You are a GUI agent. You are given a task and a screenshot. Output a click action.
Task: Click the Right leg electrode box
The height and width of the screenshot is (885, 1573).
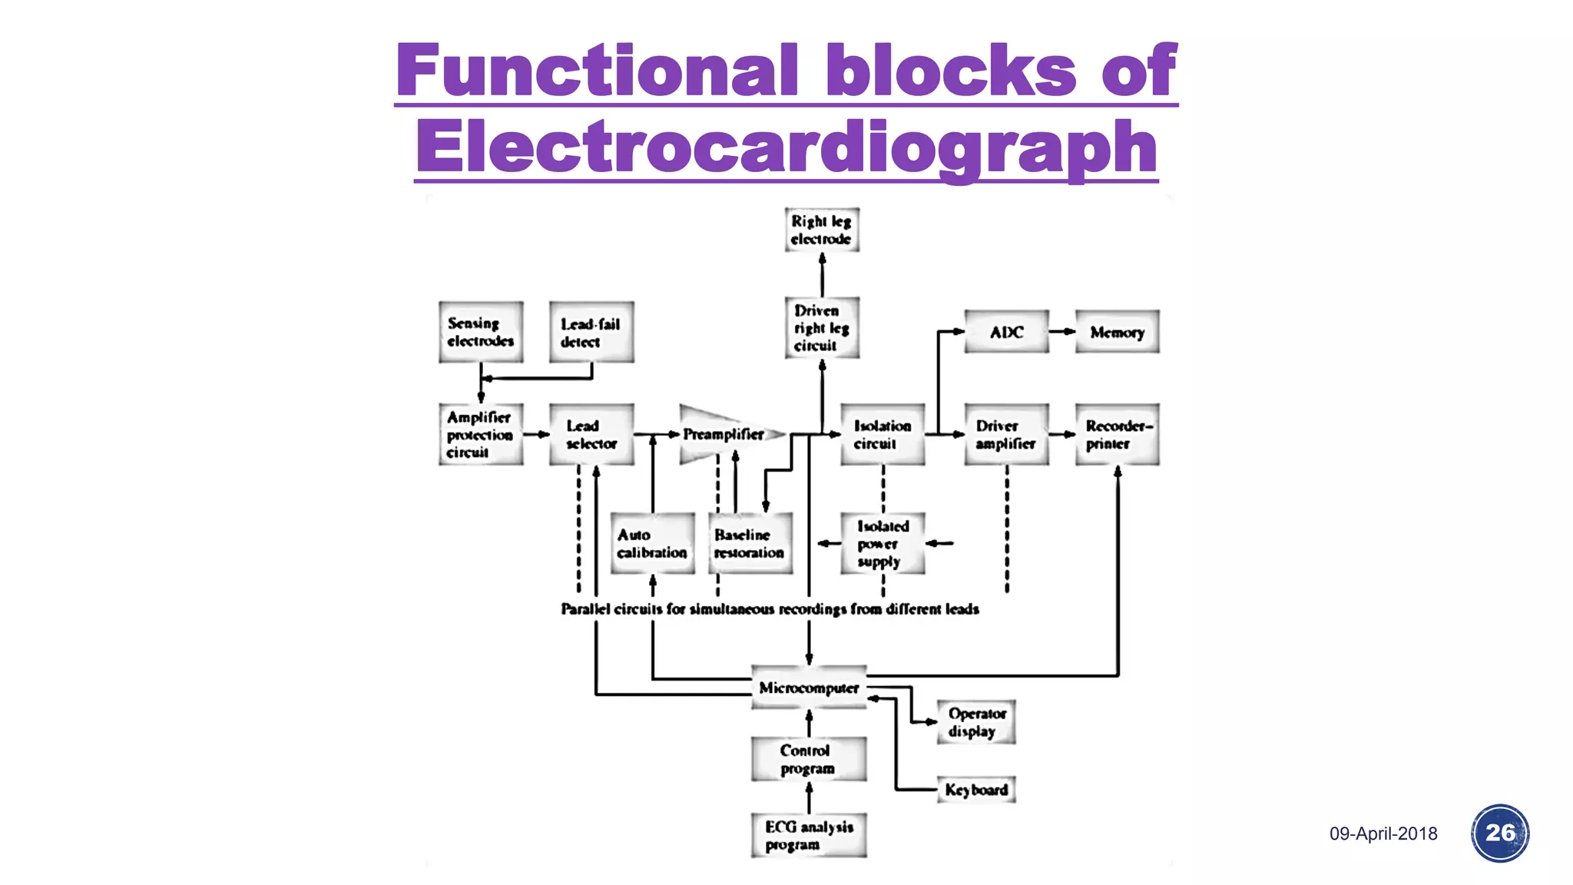coord(821,230)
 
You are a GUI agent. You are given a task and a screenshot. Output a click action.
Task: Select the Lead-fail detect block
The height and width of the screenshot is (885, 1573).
coord(591,333)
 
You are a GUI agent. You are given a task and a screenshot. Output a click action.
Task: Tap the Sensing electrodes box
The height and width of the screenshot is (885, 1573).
coord(481,332)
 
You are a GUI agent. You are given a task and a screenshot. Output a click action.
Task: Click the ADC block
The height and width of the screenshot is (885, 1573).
coord(1006,332)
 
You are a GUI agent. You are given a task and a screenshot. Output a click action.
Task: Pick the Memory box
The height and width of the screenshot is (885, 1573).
coord(1117,332)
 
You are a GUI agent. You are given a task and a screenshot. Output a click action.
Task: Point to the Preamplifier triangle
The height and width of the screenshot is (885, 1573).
coord(722,435)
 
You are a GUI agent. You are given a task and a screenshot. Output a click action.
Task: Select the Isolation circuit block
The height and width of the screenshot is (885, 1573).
coord(883,435)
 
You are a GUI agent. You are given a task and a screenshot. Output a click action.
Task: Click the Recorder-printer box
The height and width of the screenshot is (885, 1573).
coord(1117,435)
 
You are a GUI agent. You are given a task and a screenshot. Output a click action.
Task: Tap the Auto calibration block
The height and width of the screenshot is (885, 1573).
coord(652,544)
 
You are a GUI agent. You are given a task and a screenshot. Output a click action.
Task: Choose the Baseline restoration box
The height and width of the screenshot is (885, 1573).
coord(750,544)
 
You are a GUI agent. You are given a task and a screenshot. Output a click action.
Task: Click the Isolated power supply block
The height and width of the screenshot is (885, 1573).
coord(883,544)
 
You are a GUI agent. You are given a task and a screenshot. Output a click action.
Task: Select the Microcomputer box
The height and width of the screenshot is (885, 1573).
coord(809,688)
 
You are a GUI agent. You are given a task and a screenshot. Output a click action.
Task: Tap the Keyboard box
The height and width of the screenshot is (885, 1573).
coord(976,790)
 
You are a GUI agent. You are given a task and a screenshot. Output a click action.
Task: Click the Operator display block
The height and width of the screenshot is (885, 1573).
coord(976,722)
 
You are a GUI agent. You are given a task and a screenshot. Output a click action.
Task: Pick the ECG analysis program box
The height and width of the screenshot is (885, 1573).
coord(809,836)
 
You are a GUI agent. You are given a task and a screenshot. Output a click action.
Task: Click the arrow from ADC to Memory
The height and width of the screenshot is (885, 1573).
coord(1061,332)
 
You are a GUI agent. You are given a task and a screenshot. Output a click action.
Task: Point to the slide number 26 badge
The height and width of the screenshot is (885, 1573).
coord(1499,833)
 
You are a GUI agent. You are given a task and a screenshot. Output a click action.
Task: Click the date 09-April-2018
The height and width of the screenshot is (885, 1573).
coord(1383,834)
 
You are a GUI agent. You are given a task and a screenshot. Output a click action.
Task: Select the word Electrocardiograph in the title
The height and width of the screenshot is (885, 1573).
coord(786,147)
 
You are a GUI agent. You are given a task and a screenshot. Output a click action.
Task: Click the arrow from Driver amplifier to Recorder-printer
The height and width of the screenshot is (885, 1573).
coord(1061,435)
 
